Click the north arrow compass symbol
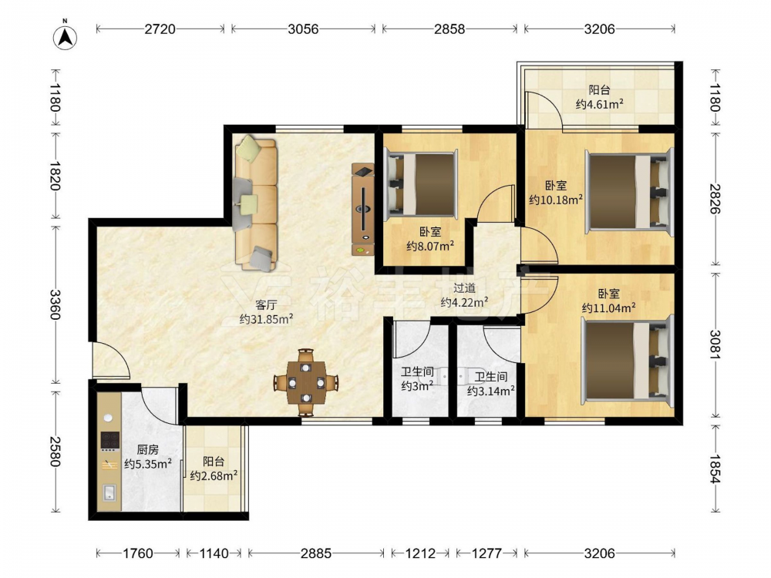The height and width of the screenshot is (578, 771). point(65,35)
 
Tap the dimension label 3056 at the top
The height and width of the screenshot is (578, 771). point(303,29)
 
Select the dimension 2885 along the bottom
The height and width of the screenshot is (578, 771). point(315,553)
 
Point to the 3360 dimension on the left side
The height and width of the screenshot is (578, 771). point(55,304)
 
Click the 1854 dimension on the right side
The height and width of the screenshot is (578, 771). point(715,469)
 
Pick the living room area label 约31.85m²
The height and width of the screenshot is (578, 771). point(266,320)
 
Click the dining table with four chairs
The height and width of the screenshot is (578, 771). point(306,382)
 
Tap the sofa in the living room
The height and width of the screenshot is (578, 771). point(256,203)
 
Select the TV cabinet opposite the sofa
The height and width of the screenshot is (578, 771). point(363,210)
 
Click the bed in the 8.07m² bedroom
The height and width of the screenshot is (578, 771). point(421,184)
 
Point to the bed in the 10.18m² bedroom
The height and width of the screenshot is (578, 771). point(629,193)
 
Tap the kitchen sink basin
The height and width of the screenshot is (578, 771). point(109,492)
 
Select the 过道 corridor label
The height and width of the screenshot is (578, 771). point(464,288)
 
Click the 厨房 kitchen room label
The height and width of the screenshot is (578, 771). point(147,449)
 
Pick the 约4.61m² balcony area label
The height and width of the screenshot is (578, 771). point(600,104)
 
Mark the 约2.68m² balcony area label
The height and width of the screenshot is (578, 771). point(214,476)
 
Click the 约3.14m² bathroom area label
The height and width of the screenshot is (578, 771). point(490,391)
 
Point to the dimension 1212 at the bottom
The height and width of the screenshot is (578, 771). point(420,553)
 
